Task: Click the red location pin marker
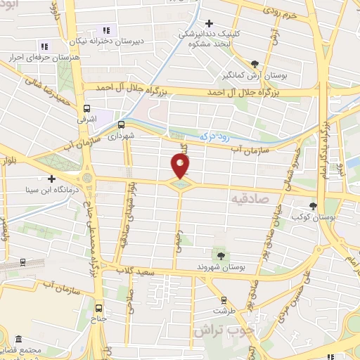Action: pyautogui.click(x=181, y=166)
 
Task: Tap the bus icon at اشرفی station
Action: pyautogui.click(x=87, y=109)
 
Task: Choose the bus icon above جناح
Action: pyautogui.click(x=98, y=308)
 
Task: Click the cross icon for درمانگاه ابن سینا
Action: pyautogui.click(x=51, y=179)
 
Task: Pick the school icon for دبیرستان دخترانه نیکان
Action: pyautogui.click(x=106, y=30)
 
